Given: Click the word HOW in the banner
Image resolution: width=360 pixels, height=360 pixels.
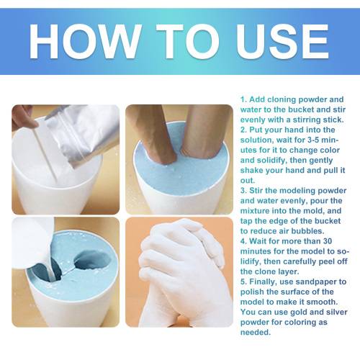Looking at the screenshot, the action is pyautogui.click(x=85, y=41).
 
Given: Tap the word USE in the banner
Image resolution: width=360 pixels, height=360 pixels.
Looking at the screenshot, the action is pyautogui.click(x=282, y=41).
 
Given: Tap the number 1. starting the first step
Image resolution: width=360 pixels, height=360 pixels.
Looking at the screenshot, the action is pyautogui.click(x=243, y=99).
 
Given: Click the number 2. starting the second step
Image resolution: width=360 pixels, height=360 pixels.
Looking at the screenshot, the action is pyautogui.click(x=243, y=130).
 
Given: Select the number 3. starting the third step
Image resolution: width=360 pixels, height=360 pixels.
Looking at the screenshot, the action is pyautogui.click(x=243, y=191).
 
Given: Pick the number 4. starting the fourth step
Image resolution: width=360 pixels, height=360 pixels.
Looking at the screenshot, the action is pyautogui.click(x=243, y=241).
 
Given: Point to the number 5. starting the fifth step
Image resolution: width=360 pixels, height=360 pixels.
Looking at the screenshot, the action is pyautogui.click(x=243, y=282).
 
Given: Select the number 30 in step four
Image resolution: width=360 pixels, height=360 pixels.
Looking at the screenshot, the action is pyautogui.click(x=328, y=241).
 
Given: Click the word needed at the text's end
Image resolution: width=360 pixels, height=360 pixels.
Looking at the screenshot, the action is pyautogui.click(x=256, y=332).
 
